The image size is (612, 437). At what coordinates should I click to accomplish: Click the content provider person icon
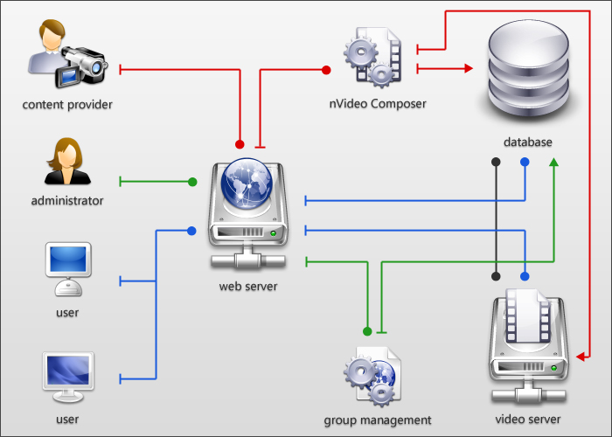pos(66,57)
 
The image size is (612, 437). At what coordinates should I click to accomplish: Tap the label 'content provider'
pos(68,105)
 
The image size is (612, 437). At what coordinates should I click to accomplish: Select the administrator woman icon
pos(66,162)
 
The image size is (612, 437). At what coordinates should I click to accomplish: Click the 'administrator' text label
pos(67,201)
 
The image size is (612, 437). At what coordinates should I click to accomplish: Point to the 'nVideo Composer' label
pos(378,104)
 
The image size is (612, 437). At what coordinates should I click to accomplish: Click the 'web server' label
pos(248,286)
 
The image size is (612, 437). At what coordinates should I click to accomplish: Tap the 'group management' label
pos(378,420)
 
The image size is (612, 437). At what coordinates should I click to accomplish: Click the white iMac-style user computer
pos(67,271)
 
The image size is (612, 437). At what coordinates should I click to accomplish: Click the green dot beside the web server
pos(192,182)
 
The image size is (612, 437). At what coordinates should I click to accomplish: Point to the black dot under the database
pos(496,163)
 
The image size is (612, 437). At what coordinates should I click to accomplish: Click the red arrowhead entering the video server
pos(582,356)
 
